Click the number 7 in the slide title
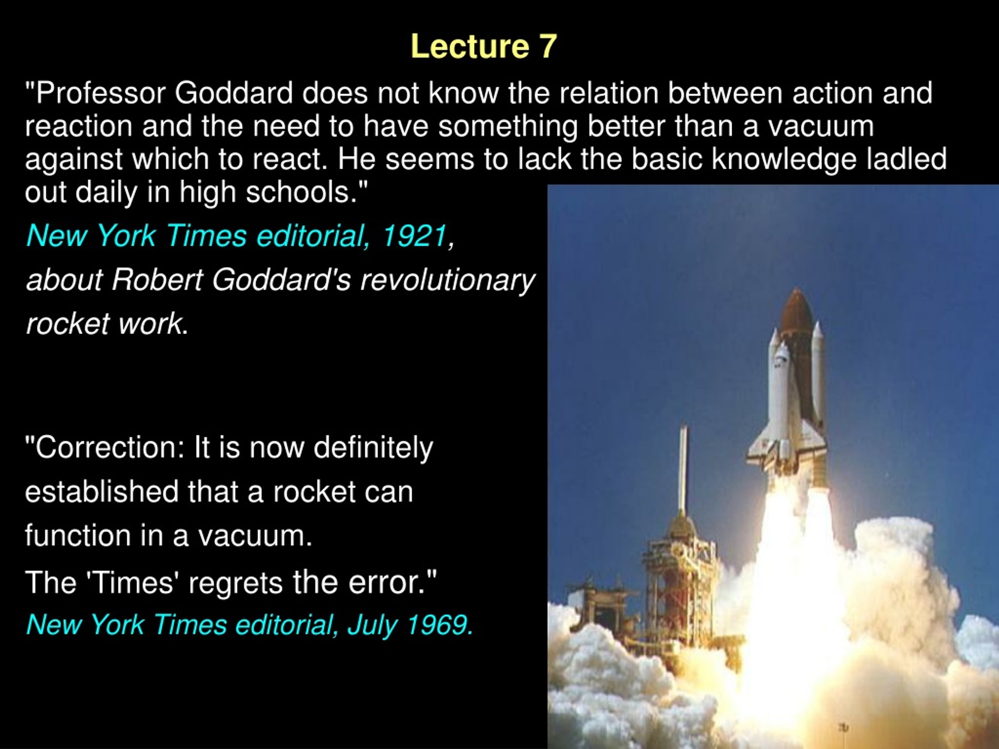pos(547,46)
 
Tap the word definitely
pos(373,448)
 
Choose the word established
pos(101,492)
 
